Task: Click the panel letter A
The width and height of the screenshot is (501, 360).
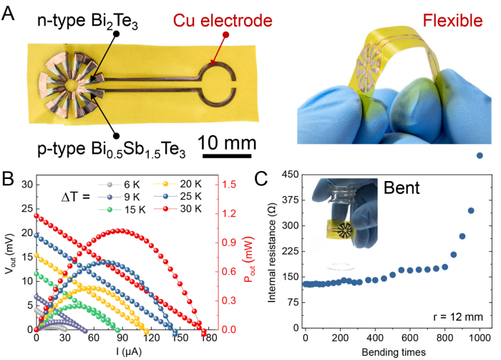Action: pyautogui.click(x=9, y=10)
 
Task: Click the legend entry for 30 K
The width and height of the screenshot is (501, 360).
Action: pyautogui.click(x=186, y=209)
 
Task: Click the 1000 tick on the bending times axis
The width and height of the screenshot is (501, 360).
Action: pyautogui.click(x=479, y=339)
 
